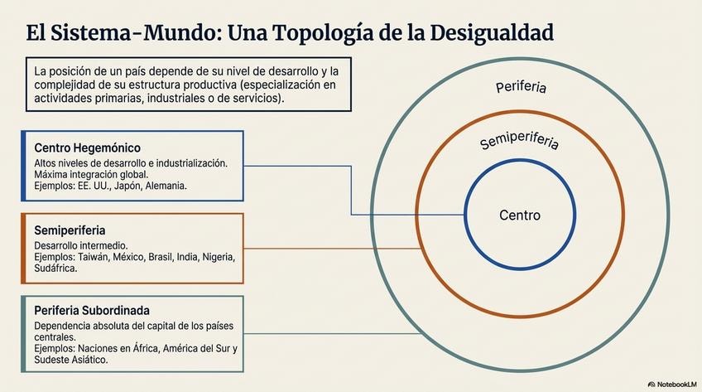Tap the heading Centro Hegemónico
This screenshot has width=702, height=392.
pos(81,148)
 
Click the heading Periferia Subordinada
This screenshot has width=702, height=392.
pos(91,310)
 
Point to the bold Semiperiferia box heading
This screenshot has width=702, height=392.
pos(70,229)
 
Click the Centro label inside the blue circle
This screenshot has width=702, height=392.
pos(520,215)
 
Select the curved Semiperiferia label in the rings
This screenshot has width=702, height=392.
pos(519,140)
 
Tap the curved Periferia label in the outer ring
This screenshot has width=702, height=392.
pos(521,86)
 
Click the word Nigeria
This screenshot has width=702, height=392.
pos(218,258)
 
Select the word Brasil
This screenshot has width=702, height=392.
pos(165,258)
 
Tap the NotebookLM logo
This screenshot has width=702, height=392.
pos(671,384)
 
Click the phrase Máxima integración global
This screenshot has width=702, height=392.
pos(91,175)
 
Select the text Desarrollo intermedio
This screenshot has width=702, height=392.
pos(81,246)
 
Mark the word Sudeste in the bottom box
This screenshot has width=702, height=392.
pos(53,360)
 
